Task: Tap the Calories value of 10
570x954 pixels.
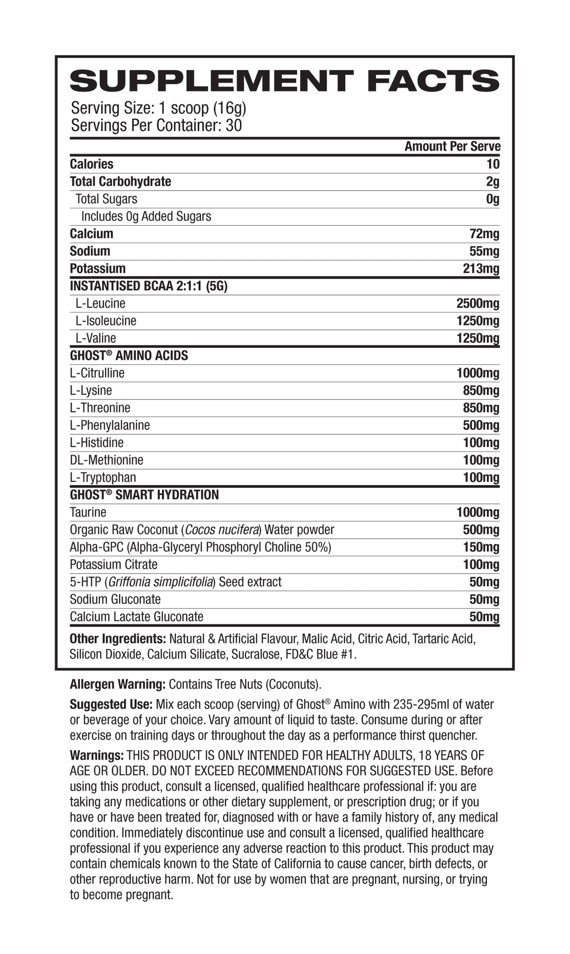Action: (493, 164)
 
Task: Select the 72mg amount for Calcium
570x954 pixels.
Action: (484, 234)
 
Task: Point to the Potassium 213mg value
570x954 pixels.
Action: (481, 269)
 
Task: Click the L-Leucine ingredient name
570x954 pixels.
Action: (100, 304)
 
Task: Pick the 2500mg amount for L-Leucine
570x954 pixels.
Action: (477, 304)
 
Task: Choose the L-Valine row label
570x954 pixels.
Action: (95, 338)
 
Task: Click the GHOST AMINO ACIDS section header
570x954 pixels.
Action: (129, 356)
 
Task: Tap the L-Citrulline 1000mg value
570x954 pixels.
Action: (477, 373)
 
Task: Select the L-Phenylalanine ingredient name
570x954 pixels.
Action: (110, 425)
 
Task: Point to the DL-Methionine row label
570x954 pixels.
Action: (106, 460)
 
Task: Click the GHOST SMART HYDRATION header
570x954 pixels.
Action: (144, 495)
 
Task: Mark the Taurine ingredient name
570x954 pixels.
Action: (88, 512)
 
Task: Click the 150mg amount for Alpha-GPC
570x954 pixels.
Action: (481, 547)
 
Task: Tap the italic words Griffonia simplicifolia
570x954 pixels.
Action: (161, 582)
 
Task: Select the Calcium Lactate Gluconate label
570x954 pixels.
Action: (136, 617)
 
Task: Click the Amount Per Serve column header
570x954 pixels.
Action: (452, 146)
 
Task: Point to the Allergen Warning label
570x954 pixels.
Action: (117, 685)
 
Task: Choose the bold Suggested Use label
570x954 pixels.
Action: (111, 705)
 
